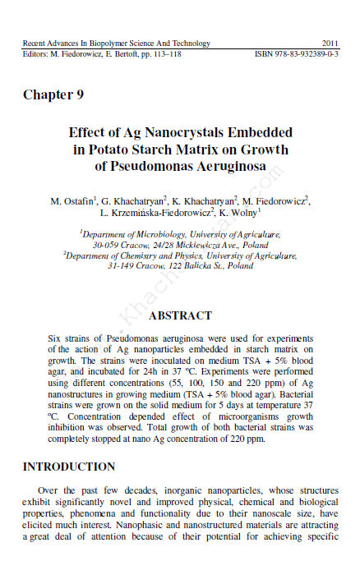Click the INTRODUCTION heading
(x=69, y=467)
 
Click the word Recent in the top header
(x=35, y=44)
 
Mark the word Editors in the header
(x=34, y=54)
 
